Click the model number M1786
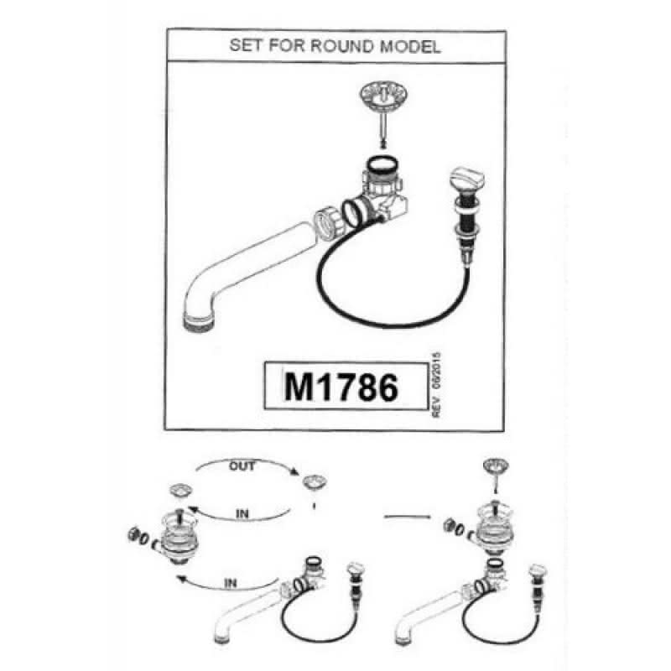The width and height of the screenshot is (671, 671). point(341,387)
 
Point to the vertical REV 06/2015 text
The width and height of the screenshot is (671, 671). point(436,385)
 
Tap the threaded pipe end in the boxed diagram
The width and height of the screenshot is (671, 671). point(200,320)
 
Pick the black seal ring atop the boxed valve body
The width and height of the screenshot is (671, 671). point(382,164)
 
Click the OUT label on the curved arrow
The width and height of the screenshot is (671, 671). point(242,466)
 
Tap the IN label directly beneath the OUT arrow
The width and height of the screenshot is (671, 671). point(242,513)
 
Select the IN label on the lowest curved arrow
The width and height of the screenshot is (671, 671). point(230,583)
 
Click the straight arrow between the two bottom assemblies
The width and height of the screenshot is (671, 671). point(408,517)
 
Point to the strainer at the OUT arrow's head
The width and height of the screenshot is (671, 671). point(315,482)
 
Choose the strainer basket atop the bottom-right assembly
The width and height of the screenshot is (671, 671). point(496,466)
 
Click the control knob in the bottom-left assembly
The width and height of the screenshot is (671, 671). point(356,569)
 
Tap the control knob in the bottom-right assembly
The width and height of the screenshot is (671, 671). point(538,570)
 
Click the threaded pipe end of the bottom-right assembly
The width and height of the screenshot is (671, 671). point(402,640)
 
